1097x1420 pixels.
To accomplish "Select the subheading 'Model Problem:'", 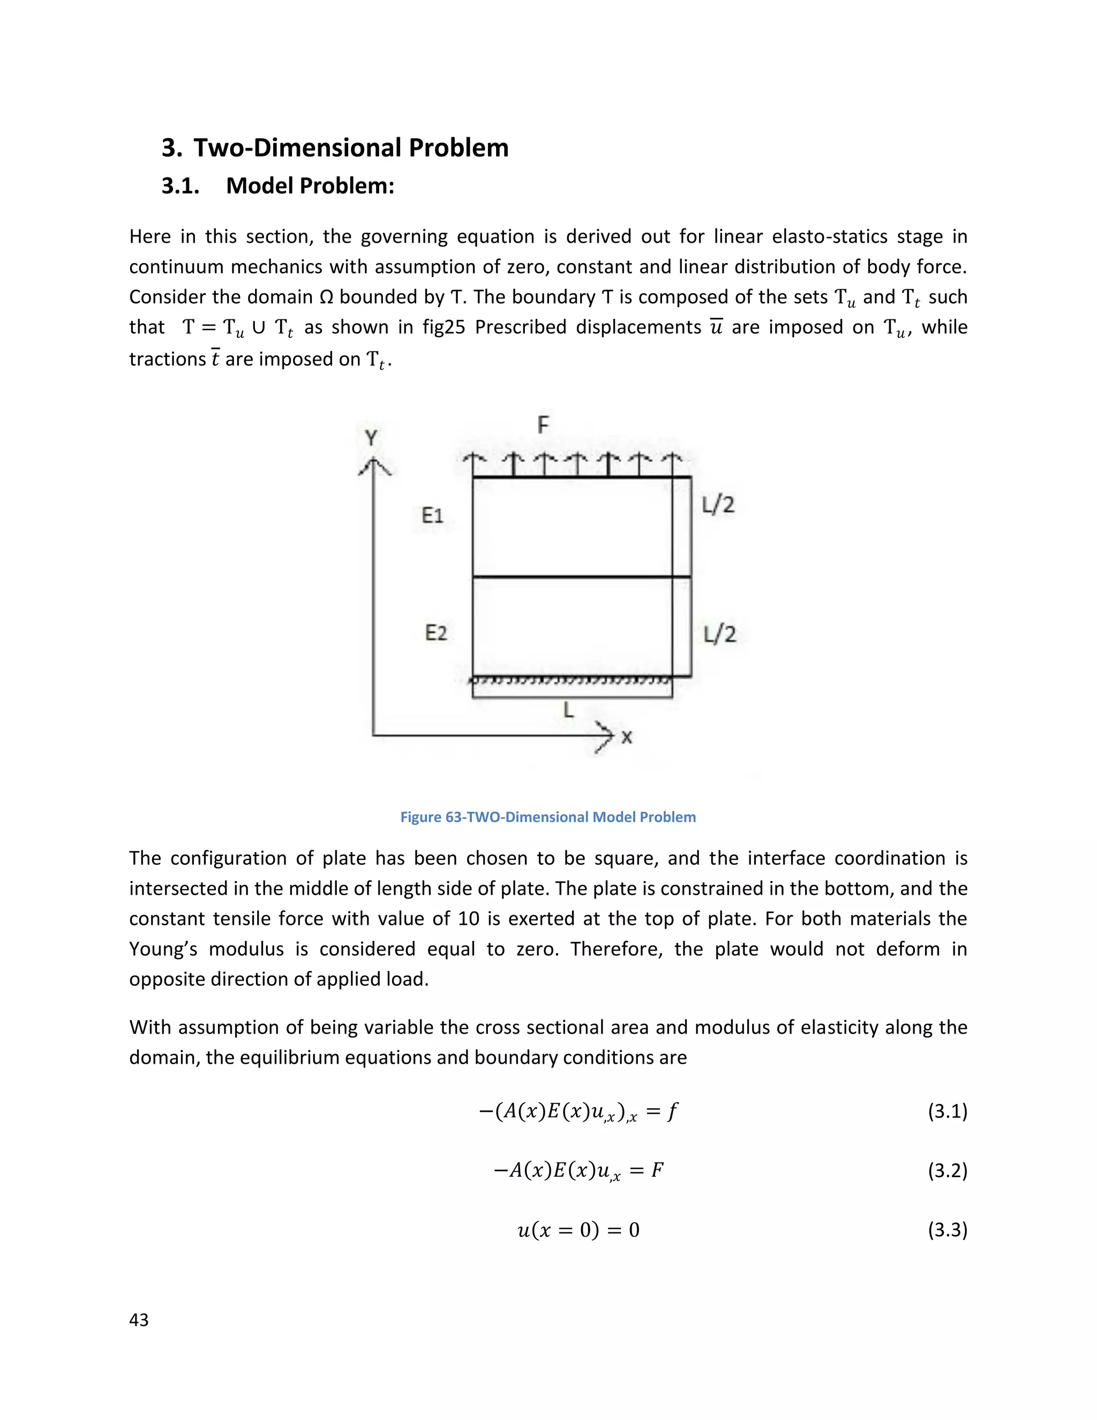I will [x=310, y=186].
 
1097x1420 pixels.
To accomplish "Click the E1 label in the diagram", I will [x=432, y=515].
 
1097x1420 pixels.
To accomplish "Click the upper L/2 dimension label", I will [x=718, y=505].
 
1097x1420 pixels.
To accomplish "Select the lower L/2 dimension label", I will [x=719, y=634].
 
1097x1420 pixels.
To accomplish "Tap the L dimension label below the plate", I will [x=569, y=710].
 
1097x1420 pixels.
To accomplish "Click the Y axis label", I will [x=371, y=438].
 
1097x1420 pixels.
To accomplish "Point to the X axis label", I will [x=627, y=737].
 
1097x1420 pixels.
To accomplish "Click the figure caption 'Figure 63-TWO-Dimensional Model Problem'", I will [x=548, y=817].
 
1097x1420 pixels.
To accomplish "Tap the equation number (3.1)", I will [x=947, y=1111].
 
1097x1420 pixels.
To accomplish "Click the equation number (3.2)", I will [x=947, y=1170].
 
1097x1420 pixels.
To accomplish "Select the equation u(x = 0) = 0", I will [x=578, y=1230].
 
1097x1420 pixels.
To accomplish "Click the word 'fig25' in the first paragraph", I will [x=444, y=327].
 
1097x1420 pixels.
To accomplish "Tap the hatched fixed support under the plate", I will [x=570, y=681].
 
